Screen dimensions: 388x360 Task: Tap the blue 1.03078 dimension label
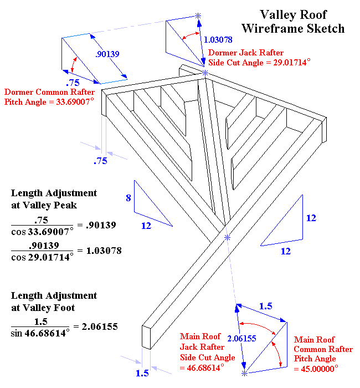pos(218,40)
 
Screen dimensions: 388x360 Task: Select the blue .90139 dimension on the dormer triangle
pos(107,54)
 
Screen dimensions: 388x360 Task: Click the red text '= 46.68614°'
pos(202,367)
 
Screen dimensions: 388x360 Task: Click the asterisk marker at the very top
pos(199,16)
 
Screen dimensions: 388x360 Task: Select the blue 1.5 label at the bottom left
pos(142,373)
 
